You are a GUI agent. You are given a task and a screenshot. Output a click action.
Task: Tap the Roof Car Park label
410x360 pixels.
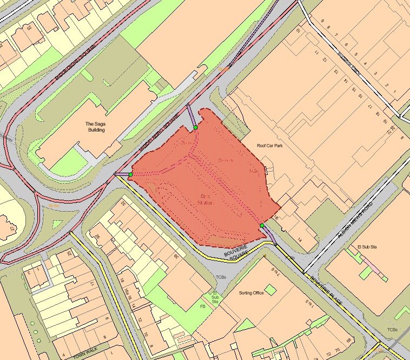270,146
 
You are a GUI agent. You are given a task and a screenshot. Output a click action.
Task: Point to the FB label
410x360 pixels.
203,306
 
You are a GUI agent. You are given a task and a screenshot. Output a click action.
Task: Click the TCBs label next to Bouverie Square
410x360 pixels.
220,277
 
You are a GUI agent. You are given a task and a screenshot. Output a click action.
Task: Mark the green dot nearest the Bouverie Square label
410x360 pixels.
262,225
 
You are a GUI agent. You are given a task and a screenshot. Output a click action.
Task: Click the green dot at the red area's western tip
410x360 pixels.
130,174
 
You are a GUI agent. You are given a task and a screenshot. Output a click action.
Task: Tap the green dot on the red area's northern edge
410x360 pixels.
195,127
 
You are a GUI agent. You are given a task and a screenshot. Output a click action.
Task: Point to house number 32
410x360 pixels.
123,204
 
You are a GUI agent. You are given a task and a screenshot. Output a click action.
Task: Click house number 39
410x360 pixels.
176,256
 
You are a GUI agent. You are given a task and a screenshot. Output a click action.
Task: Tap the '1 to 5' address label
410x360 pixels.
324,318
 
